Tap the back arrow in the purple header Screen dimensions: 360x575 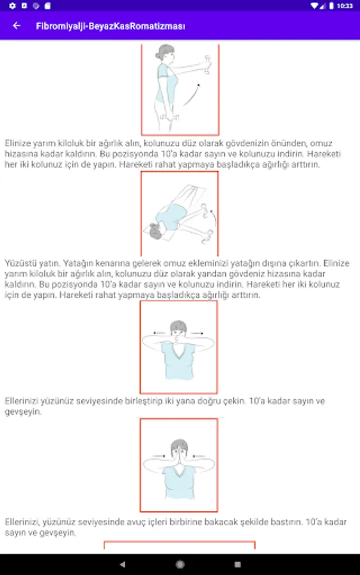(x=17, y=26)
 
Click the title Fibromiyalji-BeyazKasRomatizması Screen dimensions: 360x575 (x=111, y=26)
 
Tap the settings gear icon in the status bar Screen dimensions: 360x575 (x=13, y=6)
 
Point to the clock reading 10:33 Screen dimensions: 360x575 (x=345, y=6)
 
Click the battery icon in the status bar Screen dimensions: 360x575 (x=331, y=6)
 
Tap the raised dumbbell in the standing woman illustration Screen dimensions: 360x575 (x=208, y=65)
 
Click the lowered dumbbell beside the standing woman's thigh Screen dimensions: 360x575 (x=169, y=118)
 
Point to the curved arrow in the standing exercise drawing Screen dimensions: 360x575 (x=191, y=95)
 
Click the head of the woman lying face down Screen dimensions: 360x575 (x=155, y=231)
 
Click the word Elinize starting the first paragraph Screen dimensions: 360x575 (x=17, y=143)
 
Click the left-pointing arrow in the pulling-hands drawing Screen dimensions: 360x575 (x=159, y=333)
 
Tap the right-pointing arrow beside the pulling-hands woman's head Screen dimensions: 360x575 (x=197, y=333)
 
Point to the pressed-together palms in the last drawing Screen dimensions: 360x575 (x=178, y=455)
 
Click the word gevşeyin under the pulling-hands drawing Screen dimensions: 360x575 (x=23, y=412)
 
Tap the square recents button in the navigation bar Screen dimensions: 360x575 (x=237, y=564)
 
